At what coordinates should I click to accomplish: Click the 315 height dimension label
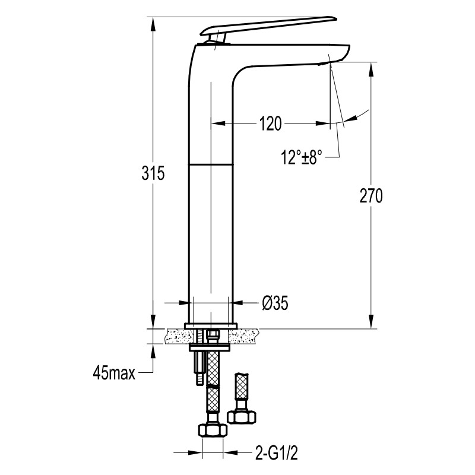[153, 173]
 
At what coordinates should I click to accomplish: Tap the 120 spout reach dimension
[270, 123]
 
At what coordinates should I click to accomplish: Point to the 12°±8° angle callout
[302, 157]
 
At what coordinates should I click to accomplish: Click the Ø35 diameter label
[275, 303]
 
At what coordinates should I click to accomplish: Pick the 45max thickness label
[114, 373]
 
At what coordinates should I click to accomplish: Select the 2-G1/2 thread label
[277, 453]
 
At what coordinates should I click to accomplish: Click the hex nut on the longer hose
[213, 429]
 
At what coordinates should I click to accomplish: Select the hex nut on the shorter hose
[242, 416]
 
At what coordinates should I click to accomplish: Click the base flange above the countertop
[211, 325]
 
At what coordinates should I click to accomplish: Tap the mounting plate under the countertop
[210, 348]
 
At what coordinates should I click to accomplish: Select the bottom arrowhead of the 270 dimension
[371, 322]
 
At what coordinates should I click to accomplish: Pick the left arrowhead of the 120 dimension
[218, 123]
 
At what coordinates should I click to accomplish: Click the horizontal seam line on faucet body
[211, 164]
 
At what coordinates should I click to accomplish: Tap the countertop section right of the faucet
[243, 336]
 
